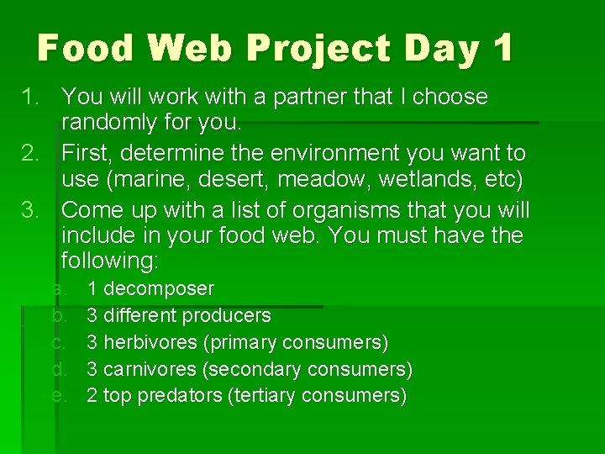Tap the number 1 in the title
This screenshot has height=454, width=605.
(502, 48)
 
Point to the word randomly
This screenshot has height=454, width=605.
(114, 123)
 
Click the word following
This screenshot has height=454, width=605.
(108, 261)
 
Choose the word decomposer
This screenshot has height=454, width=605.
(159, 289)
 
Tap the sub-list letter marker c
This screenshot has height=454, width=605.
(58, 343)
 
